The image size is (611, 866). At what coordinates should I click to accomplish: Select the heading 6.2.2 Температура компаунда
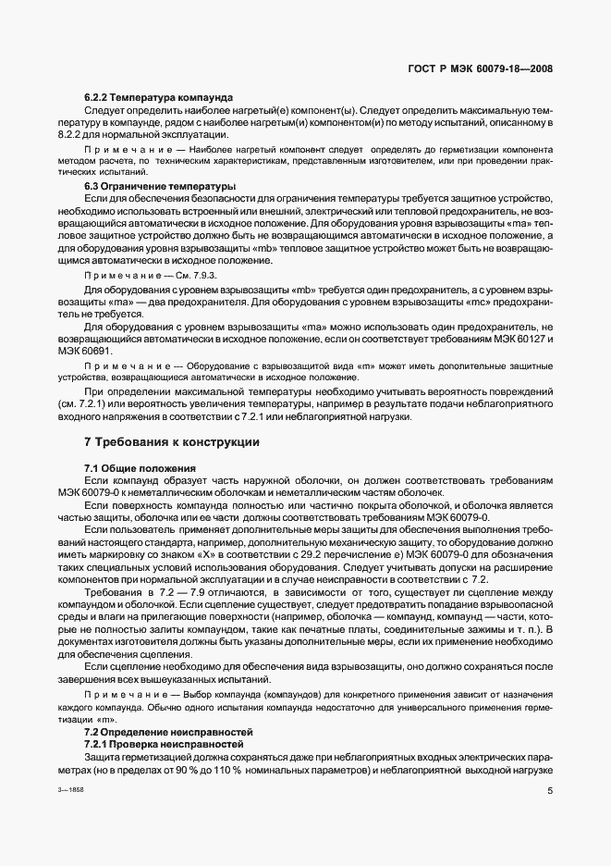pyautogui.click(x=159, y=97)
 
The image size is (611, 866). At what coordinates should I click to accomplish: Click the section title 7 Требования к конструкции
pyautogui.click(x=172, y=443)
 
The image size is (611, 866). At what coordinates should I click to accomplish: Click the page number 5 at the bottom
pyautogui.click(x=550, y=791)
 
